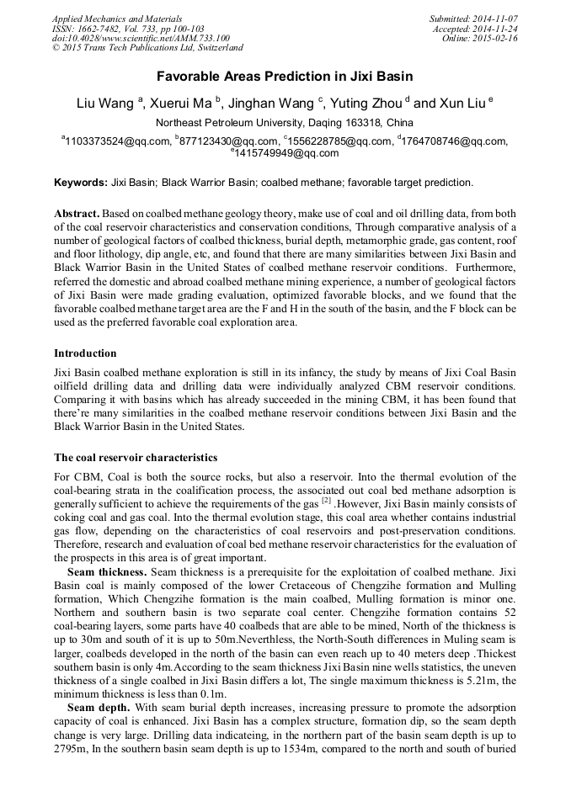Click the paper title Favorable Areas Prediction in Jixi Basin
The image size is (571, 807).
[x=285, y=76]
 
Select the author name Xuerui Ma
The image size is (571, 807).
[x=181, y=104]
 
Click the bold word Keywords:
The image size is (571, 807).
[x=81, y=182]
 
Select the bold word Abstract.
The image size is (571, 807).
[x=77, y=214]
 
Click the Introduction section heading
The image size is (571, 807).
[x=85, y=353]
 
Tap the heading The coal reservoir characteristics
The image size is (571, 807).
[x=136, y=458]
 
